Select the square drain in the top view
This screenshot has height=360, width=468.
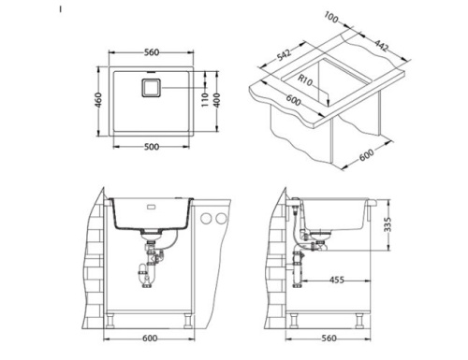tap(151, 89)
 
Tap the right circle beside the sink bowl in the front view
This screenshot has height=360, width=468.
tap(220, 218)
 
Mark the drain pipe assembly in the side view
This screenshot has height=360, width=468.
tap(300, 252)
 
